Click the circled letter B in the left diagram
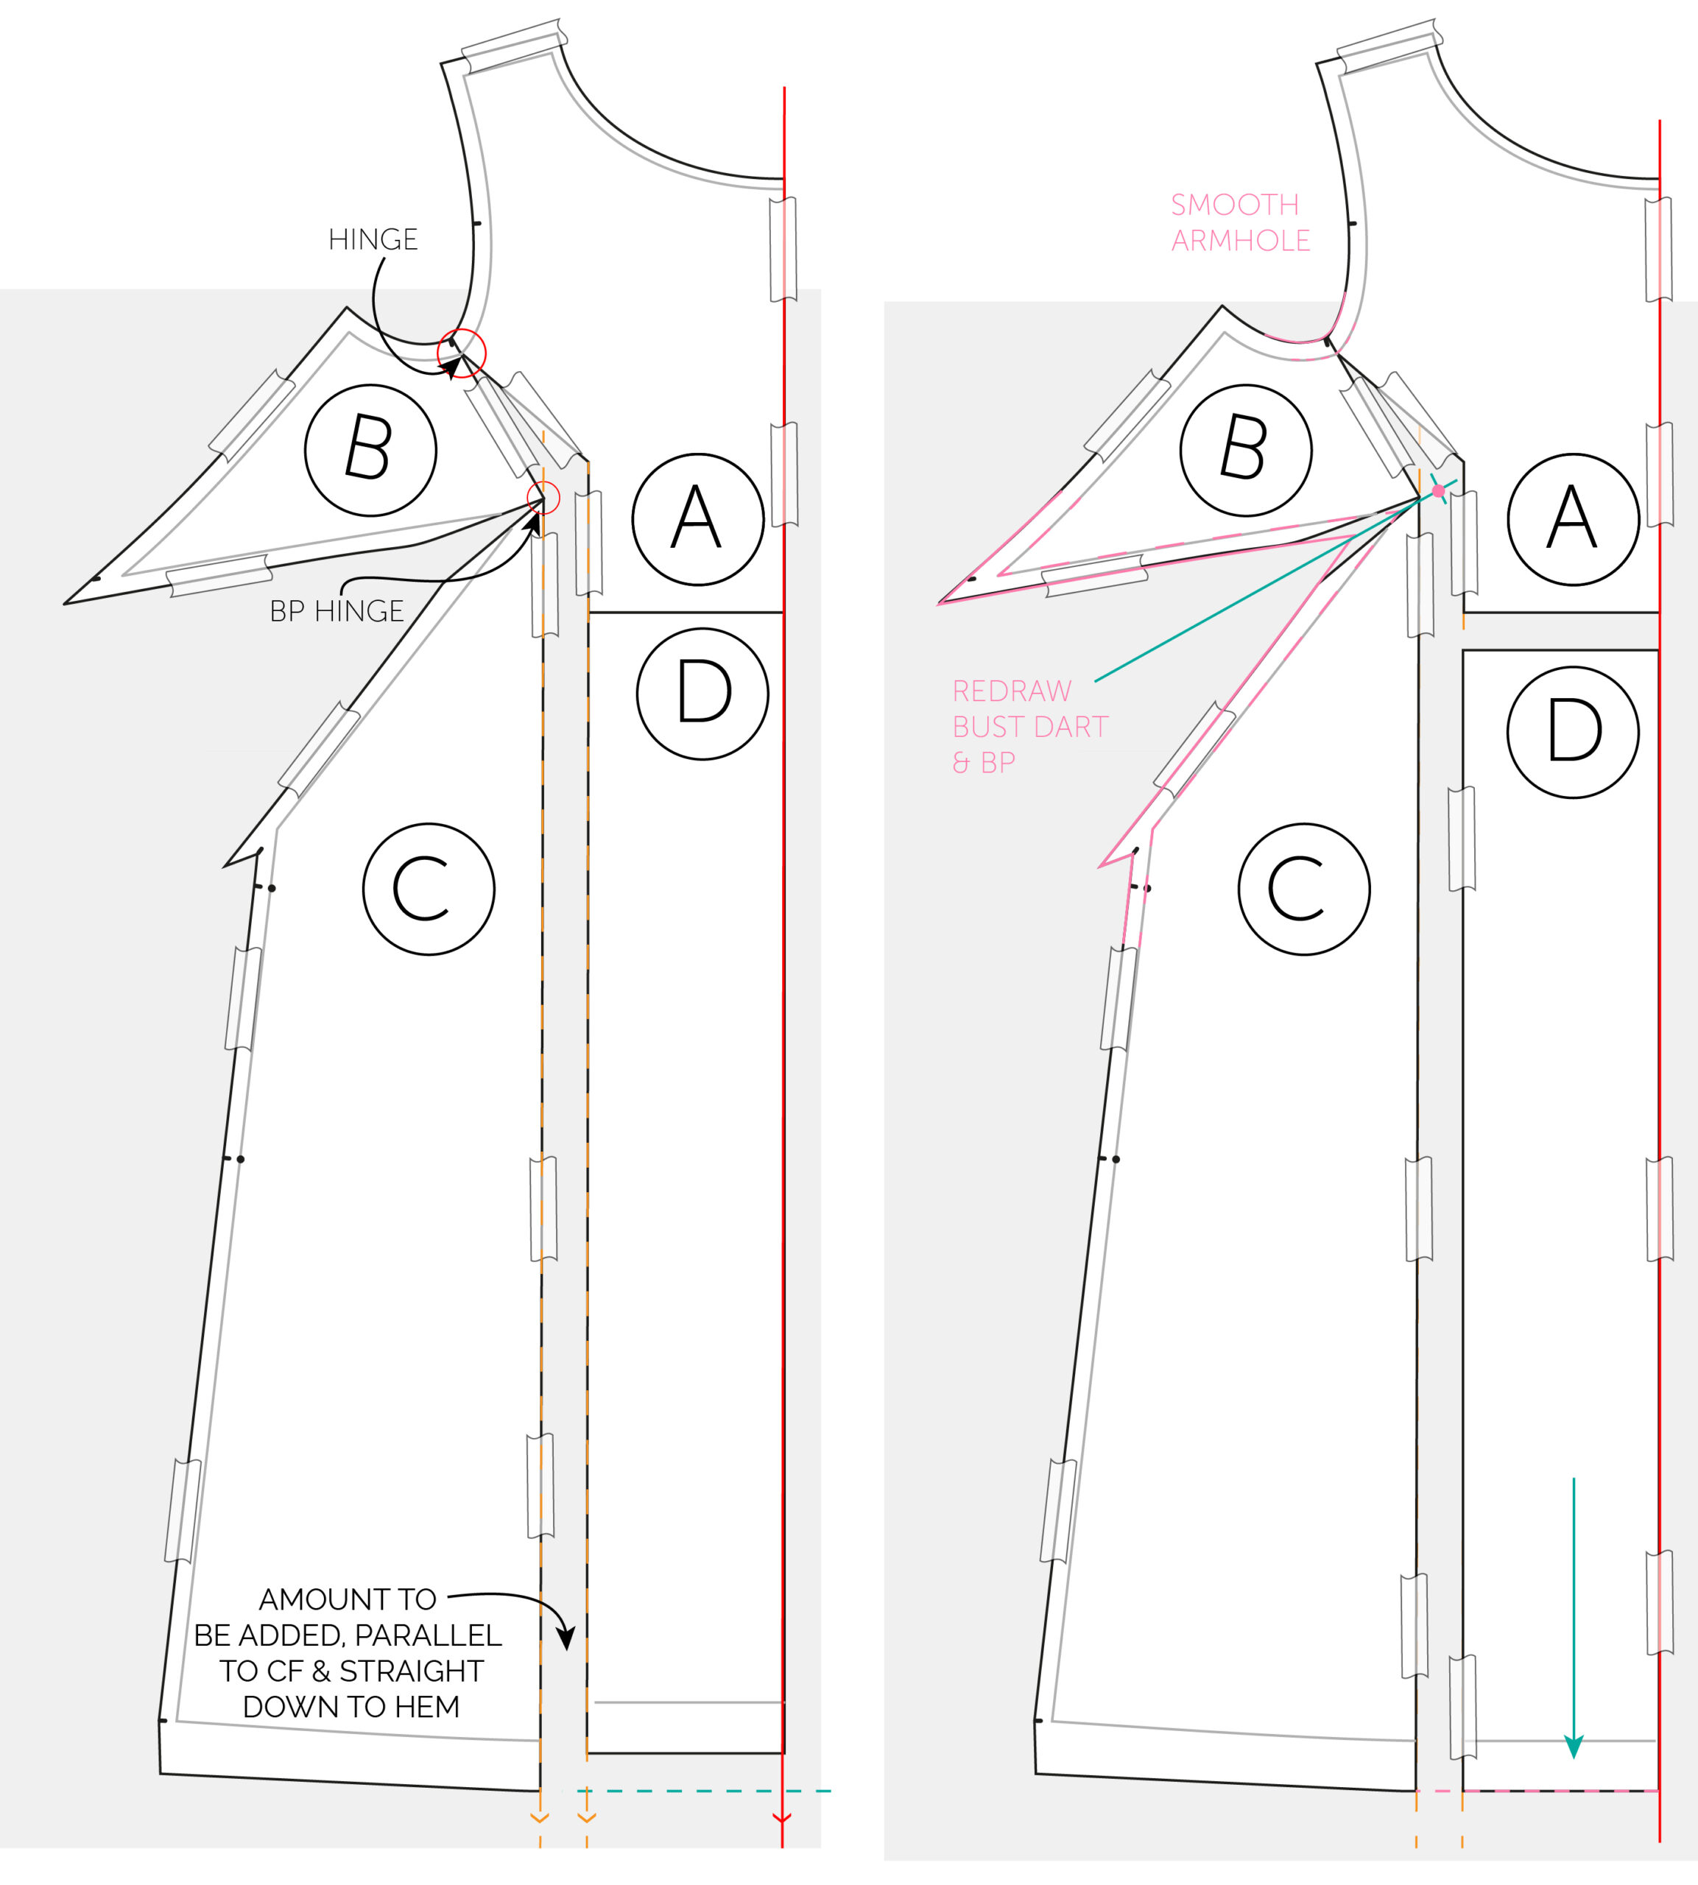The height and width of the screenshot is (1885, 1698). [x=370, y=450]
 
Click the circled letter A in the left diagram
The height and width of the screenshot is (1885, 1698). [x=698, y=520]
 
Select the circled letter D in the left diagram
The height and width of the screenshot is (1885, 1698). [x=702, y=694]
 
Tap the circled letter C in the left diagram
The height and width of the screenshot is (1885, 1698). [x=429, y=889]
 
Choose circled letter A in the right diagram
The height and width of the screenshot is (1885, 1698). [x=1574, y=520]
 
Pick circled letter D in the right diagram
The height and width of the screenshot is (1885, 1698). [x=1573, y=732]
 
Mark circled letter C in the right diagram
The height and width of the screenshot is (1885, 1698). [x=1304, y=889]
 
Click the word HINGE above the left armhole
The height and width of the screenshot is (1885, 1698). [x=373, y=240]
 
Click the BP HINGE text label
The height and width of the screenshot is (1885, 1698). [x=337, y=611]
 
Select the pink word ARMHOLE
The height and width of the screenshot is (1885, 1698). [x=1241, y=241]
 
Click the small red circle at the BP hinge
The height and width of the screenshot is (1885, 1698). [x=544, y=498]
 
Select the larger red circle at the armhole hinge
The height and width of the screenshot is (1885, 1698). [x=462, y=353]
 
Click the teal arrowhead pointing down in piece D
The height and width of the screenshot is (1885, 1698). [x=1574, y=1746]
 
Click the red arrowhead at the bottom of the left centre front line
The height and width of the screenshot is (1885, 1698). [x=782, y=1818]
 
